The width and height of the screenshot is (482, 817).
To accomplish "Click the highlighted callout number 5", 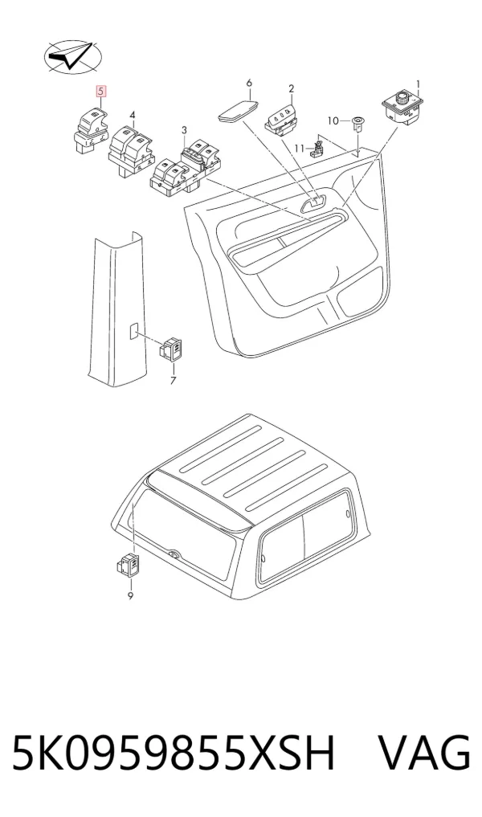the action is (101, 92).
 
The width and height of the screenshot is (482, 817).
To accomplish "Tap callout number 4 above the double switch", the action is (133, 115).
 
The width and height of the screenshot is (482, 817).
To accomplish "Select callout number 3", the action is (184, 130).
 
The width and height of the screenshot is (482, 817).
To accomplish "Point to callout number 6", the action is (249, 83).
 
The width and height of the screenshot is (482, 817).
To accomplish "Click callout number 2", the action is (292, 89).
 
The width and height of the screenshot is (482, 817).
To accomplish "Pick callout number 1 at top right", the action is (418, 84).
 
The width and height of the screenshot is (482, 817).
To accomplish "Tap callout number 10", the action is (333, 121).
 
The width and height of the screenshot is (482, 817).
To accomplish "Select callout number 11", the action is (299, 149).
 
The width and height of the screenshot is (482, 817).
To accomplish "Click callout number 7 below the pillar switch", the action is (173, 380).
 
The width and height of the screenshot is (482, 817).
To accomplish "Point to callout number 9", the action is (130, 595).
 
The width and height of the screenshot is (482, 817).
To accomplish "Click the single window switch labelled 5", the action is (90, 132).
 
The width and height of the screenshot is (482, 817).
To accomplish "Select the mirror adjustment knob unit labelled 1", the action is (404, 108).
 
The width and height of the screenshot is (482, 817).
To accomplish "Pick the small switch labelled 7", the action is (171, 349).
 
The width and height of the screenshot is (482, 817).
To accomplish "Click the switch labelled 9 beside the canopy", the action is (129, 566).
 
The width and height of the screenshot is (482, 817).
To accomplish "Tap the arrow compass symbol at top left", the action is (72, 56).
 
